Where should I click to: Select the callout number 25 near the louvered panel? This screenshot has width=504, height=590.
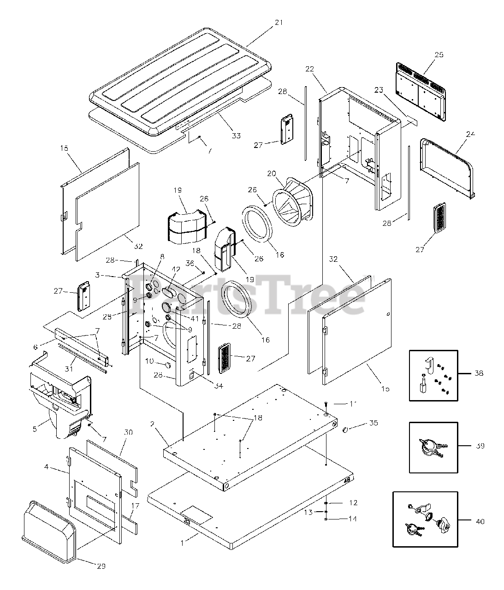point(439,54)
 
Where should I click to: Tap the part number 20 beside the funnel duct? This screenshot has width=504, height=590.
point(272,173)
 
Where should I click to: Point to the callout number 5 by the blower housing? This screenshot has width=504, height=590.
point(35,429)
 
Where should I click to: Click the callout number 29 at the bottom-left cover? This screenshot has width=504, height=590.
point(101,566)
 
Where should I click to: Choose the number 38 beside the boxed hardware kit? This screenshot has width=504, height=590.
point(479,373)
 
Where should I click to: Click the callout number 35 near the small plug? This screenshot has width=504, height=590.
point(374,423)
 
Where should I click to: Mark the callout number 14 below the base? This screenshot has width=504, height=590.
point(352,519)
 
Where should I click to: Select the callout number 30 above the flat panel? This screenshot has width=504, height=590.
point(129,432)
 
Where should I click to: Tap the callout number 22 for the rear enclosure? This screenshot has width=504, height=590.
point(309,69)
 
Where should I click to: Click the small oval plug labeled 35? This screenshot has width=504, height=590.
point(344,430)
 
